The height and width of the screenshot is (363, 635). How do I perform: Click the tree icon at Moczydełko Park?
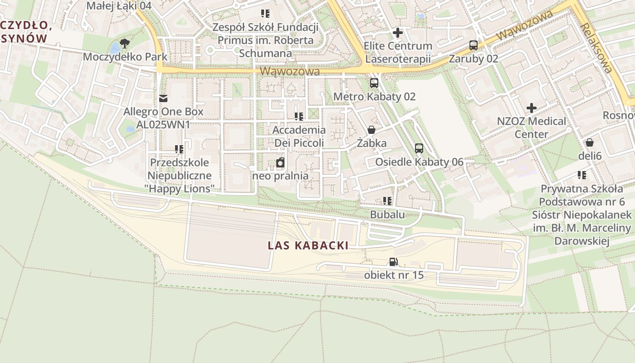tap(125, 44)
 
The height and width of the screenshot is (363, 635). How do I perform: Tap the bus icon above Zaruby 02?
tap(474, 45)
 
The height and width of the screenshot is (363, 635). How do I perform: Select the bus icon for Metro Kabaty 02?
tap(374, 83)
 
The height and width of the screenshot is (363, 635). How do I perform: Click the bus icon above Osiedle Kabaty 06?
tap(419, 148)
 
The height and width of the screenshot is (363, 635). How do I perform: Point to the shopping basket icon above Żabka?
tap(371, 130)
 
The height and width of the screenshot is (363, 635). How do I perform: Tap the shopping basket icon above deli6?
tap(590, 143)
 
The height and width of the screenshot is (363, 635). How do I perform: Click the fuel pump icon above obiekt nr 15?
tap(394, 262)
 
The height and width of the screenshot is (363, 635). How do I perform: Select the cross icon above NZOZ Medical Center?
tap(532, 108)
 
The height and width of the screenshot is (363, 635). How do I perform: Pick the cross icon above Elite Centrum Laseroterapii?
tap(398, 33)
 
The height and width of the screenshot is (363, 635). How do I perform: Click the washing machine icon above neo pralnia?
tap(280, 163)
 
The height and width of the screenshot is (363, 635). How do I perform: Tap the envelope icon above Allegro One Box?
tap(163, 98)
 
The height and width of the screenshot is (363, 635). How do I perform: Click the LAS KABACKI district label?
tap(308, 246)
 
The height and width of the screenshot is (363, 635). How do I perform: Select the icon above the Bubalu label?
tap(387, 201)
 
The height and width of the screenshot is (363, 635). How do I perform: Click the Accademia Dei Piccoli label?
tap(299, 137)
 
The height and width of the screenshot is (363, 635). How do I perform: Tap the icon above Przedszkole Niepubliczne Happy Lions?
tap(179, 149)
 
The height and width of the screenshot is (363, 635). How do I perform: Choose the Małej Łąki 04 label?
tap(118, 6)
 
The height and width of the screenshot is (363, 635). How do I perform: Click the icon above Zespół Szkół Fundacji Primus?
tap(265, 14)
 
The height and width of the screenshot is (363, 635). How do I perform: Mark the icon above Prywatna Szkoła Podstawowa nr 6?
tap(582, 175)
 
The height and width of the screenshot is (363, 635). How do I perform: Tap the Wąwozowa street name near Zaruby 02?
tap(524, 26)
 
